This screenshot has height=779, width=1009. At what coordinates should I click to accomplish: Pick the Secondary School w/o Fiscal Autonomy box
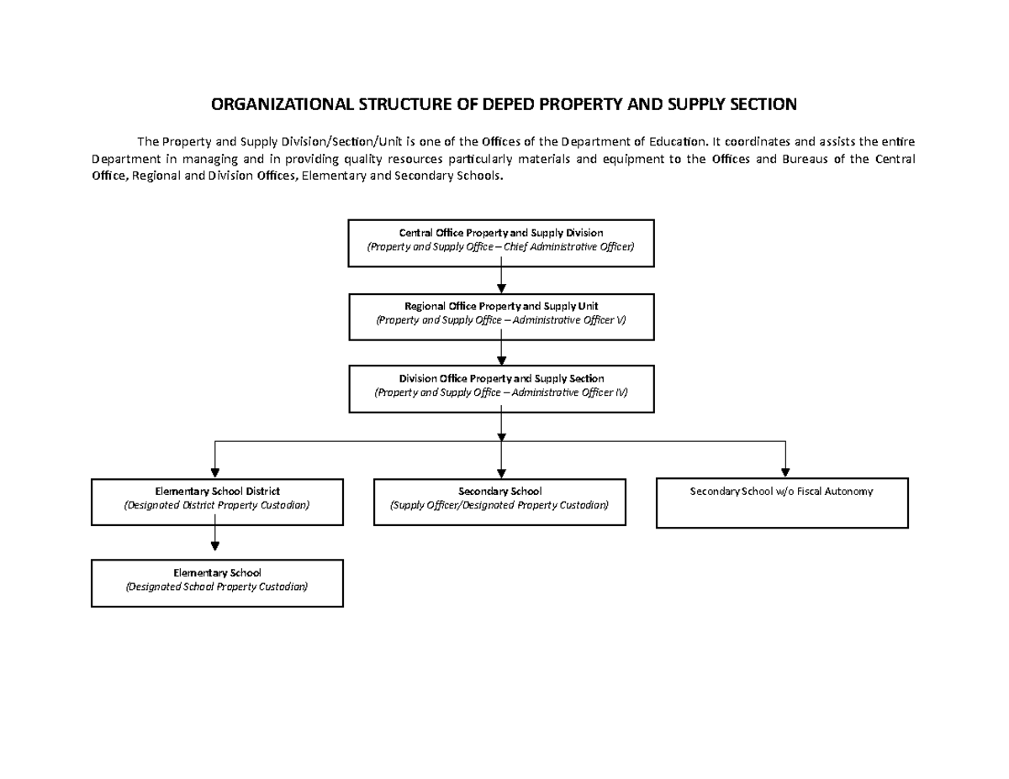[781, 503]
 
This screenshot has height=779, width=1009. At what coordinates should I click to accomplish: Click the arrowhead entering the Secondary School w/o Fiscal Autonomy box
[784, 471]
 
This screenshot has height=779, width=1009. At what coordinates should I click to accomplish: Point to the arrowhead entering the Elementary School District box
[216, 471]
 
